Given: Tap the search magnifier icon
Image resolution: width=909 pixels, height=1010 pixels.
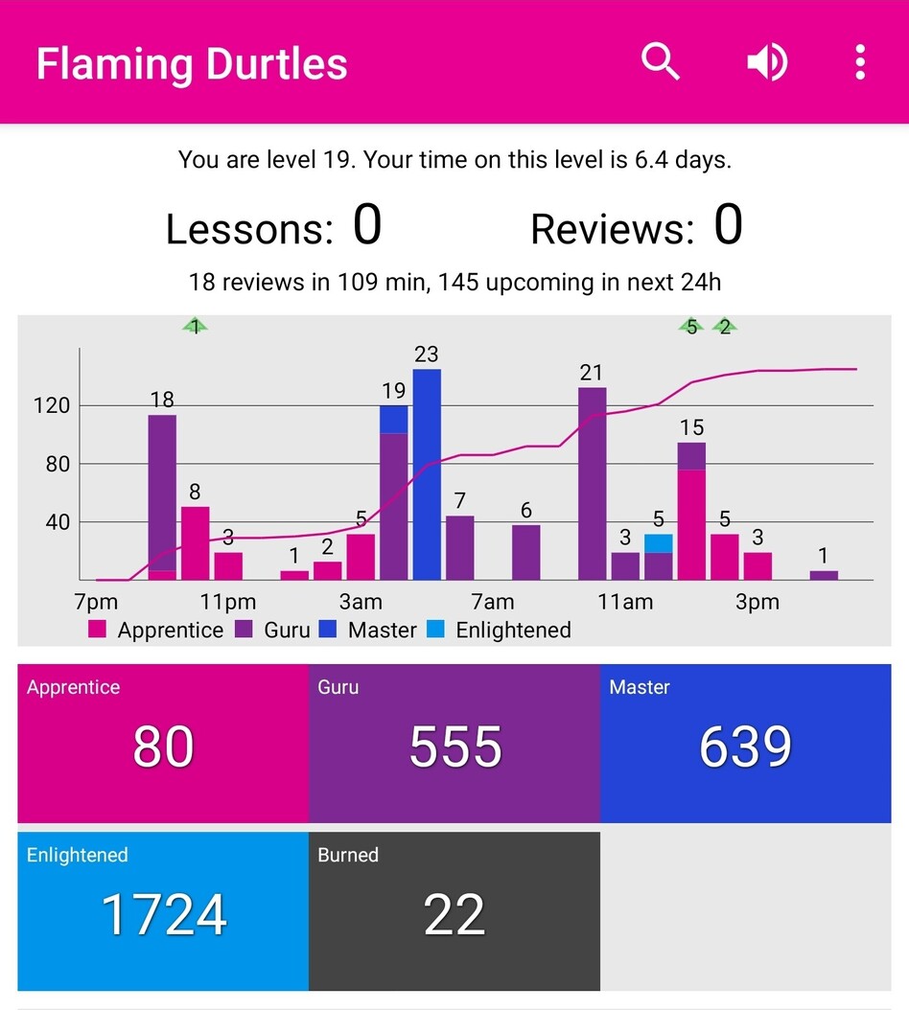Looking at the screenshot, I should pyautogui.click(x=661, y=62).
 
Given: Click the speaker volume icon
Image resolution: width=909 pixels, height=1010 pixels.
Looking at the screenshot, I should pyautogui.click(x=767, y=62).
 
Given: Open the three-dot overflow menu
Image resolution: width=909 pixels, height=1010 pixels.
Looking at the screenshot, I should pyautogui.click(x=860, y=62).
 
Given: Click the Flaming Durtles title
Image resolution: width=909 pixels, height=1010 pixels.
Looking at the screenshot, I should pyautogui.click(x=192, y=64).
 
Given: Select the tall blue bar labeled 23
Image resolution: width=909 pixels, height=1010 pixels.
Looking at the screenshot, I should pyautogui.click(x=427, y=474).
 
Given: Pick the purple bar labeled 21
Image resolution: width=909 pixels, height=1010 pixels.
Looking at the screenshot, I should pyautogui.click(x=593, y=484).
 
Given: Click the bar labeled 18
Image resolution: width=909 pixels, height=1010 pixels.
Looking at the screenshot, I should pyautogui.click(x=162, y=494).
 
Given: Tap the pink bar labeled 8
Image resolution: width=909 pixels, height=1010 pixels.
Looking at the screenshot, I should pyautogui.click(x=196, y=543).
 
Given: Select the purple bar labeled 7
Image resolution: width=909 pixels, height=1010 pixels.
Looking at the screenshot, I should pyautogui.click(x=460, y=548).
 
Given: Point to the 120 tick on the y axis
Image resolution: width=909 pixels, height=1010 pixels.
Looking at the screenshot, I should pyautogui.click(x=52, y=405).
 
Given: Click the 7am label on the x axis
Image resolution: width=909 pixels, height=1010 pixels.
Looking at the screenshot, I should pyautogui.click(x=493, y=603).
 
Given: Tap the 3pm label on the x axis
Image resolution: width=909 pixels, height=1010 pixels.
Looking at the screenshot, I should pyautogui.click(x=757, y=603).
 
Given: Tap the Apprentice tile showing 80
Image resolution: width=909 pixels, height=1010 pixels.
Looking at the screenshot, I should pyautogui.click(x=163, y=744).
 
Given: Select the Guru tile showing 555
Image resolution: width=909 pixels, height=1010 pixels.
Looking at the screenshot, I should pyautogui.click(x=454, y=744).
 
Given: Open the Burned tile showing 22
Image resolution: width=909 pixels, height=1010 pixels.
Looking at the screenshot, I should pyautogui.click(x=454, y=911).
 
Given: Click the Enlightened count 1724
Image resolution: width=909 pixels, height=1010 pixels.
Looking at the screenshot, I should pyautogui.click(x=163, y=915).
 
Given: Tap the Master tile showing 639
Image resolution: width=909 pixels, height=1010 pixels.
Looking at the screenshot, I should pyautogui.click(x=746, y=744).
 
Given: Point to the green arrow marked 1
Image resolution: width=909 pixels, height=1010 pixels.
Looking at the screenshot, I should pyautogui.click(x=196, y=327).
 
